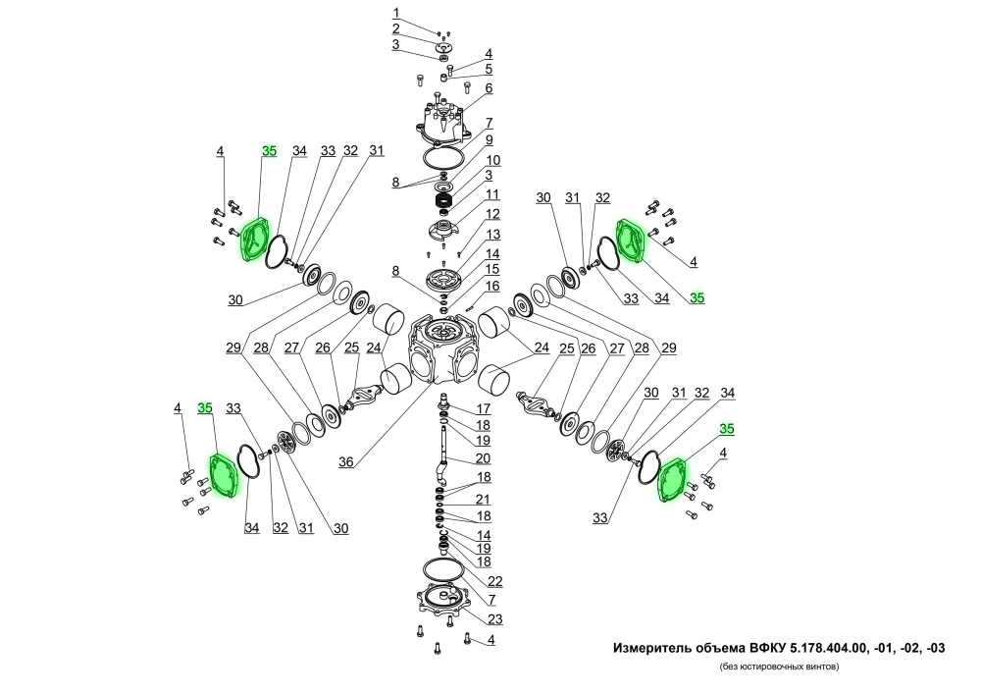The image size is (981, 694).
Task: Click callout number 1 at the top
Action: (x=396, y=13)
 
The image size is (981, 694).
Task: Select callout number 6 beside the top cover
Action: (x=488, y=88)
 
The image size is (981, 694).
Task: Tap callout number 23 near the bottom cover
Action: (x=495, y=618)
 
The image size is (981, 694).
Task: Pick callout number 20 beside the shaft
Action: (x=483, y=459)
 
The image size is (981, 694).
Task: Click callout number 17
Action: (x=483, y=408)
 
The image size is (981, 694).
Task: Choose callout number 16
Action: (x=492, y=286)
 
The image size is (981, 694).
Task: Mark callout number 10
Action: (x=492, y=160)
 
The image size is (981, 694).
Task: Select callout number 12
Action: (x=492, y=214)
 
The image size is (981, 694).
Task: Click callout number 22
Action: (x=495, y=580)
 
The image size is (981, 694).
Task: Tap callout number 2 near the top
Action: (x=396, y=28)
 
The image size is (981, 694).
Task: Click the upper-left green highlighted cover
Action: (x=254, y=240)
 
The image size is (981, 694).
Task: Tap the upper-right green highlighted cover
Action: (x=632, y=239)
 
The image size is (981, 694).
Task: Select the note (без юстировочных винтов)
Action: (x=777, y=667)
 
